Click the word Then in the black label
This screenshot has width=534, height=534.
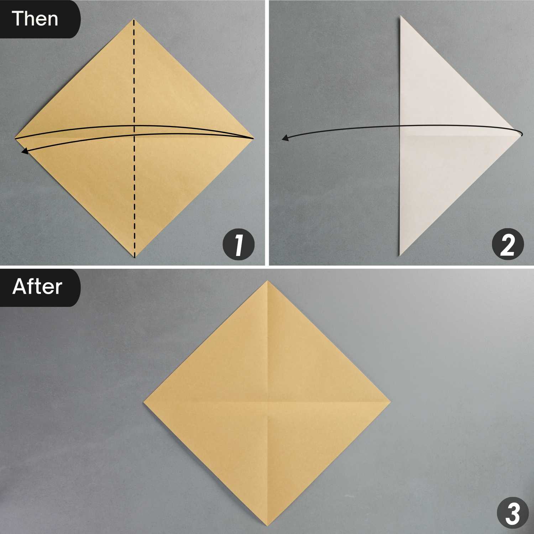(x=35, y=19)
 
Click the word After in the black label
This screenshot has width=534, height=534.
(x=37, y=287)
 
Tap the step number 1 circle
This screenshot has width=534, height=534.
(x=239, y=245)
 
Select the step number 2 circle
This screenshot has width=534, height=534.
(x=507, y=245)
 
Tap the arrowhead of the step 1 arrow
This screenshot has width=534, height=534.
(x=24, y=152)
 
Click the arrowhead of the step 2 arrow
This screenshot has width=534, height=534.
(x=284, y=138)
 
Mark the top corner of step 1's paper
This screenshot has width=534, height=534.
(x=134, y=20)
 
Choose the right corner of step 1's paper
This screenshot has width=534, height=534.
(x=253, y=138)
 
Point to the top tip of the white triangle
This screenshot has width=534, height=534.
(x=400, y=16)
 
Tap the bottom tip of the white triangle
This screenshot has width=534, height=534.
(x=400, y=256)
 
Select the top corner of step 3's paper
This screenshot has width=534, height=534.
(x=267, y=281)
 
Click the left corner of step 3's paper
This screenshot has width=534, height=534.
(x=144, y=403)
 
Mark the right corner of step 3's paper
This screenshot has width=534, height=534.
(x=391, y=403)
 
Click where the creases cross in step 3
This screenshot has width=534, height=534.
(x=267, y=403)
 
